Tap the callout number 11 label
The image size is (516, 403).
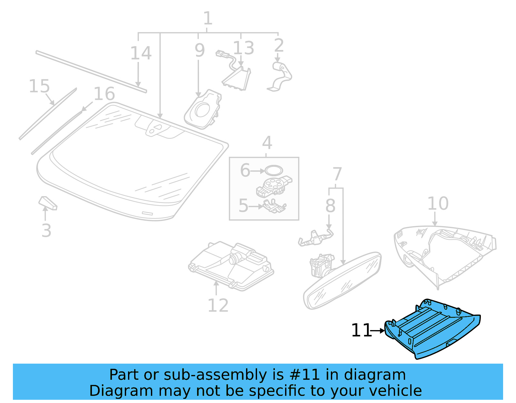361,330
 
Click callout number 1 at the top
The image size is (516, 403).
208,18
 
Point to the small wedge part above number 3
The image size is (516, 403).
48,203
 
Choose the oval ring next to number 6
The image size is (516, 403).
273,170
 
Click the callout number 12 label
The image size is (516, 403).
218,305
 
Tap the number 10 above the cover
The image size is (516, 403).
438,204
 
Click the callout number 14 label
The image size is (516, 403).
141,53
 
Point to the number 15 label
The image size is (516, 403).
39,86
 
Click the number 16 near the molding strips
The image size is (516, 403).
104,94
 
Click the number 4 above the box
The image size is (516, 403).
267,143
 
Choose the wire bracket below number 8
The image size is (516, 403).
315,238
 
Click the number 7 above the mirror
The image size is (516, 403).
337,174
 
